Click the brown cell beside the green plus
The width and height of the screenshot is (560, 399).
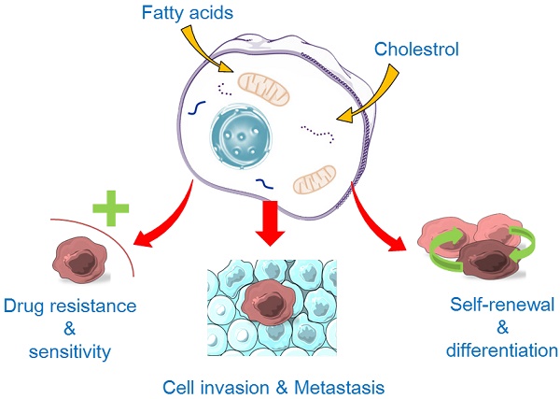point(78,259)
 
